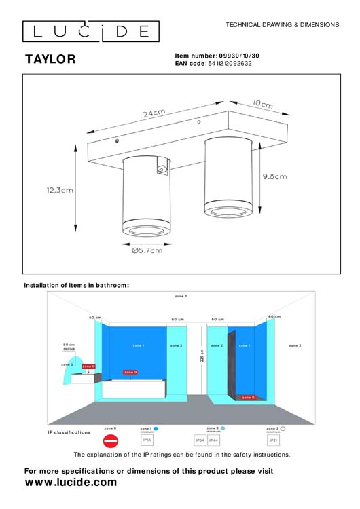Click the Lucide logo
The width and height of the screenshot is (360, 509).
[91, 31]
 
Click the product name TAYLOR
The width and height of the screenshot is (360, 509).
[50, 60]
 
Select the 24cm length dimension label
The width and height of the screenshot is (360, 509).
[155, 113]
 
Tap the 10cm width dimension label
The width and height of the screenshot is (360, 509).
[263, 104]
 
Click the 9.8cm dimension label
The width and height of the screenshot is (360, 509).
[274, 176]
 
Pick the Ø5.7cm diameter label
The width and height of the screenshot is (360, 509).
[147, 250]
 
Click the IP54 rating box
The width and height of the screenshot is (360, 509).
[200, 440]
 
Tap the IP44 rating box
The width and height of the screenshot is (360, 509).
[213, 440]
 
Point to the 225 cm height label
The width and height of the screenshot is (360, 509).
[202, 355]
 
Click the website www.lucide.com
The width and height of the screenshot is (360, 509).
[71, 483]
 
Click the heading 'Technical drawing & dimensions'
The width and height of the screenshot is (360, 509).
[282, 24]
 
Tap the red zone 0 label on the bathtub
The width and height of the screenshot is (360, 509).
[130, 372]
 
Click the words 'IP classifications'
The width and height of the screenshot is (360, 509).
[69, 432]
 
